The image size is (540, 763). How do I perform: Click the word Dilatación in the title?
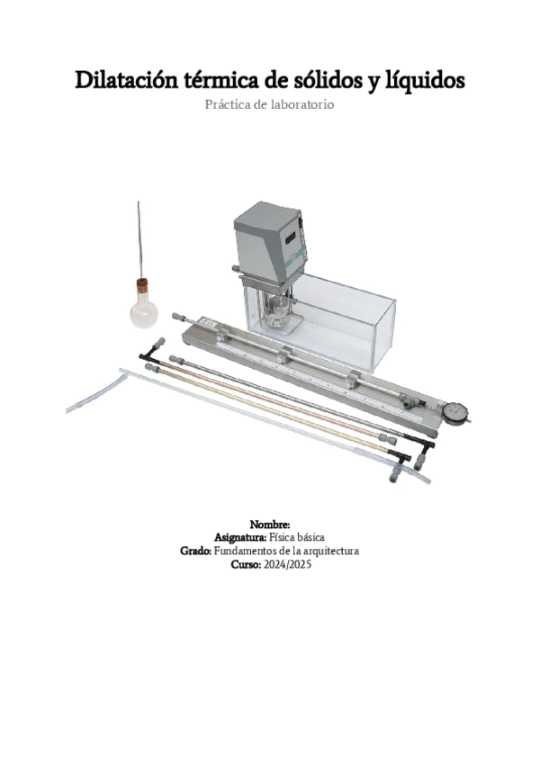(126, 80)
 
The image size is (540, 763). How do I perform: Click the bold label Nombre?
(270, 525)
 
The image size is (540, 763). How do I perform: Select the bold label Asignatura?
(240, 538)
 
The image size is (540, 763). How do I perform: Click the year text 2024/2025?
(287, 564)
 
